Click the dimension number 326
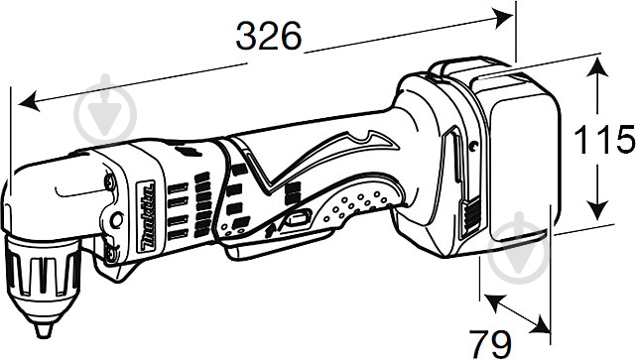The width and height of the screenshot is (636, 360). pos(268,37)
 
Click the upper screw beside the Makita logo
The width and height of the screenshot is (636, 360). pos(108,181)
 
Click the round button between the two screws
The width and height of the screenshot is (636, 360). pos(117,217)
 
